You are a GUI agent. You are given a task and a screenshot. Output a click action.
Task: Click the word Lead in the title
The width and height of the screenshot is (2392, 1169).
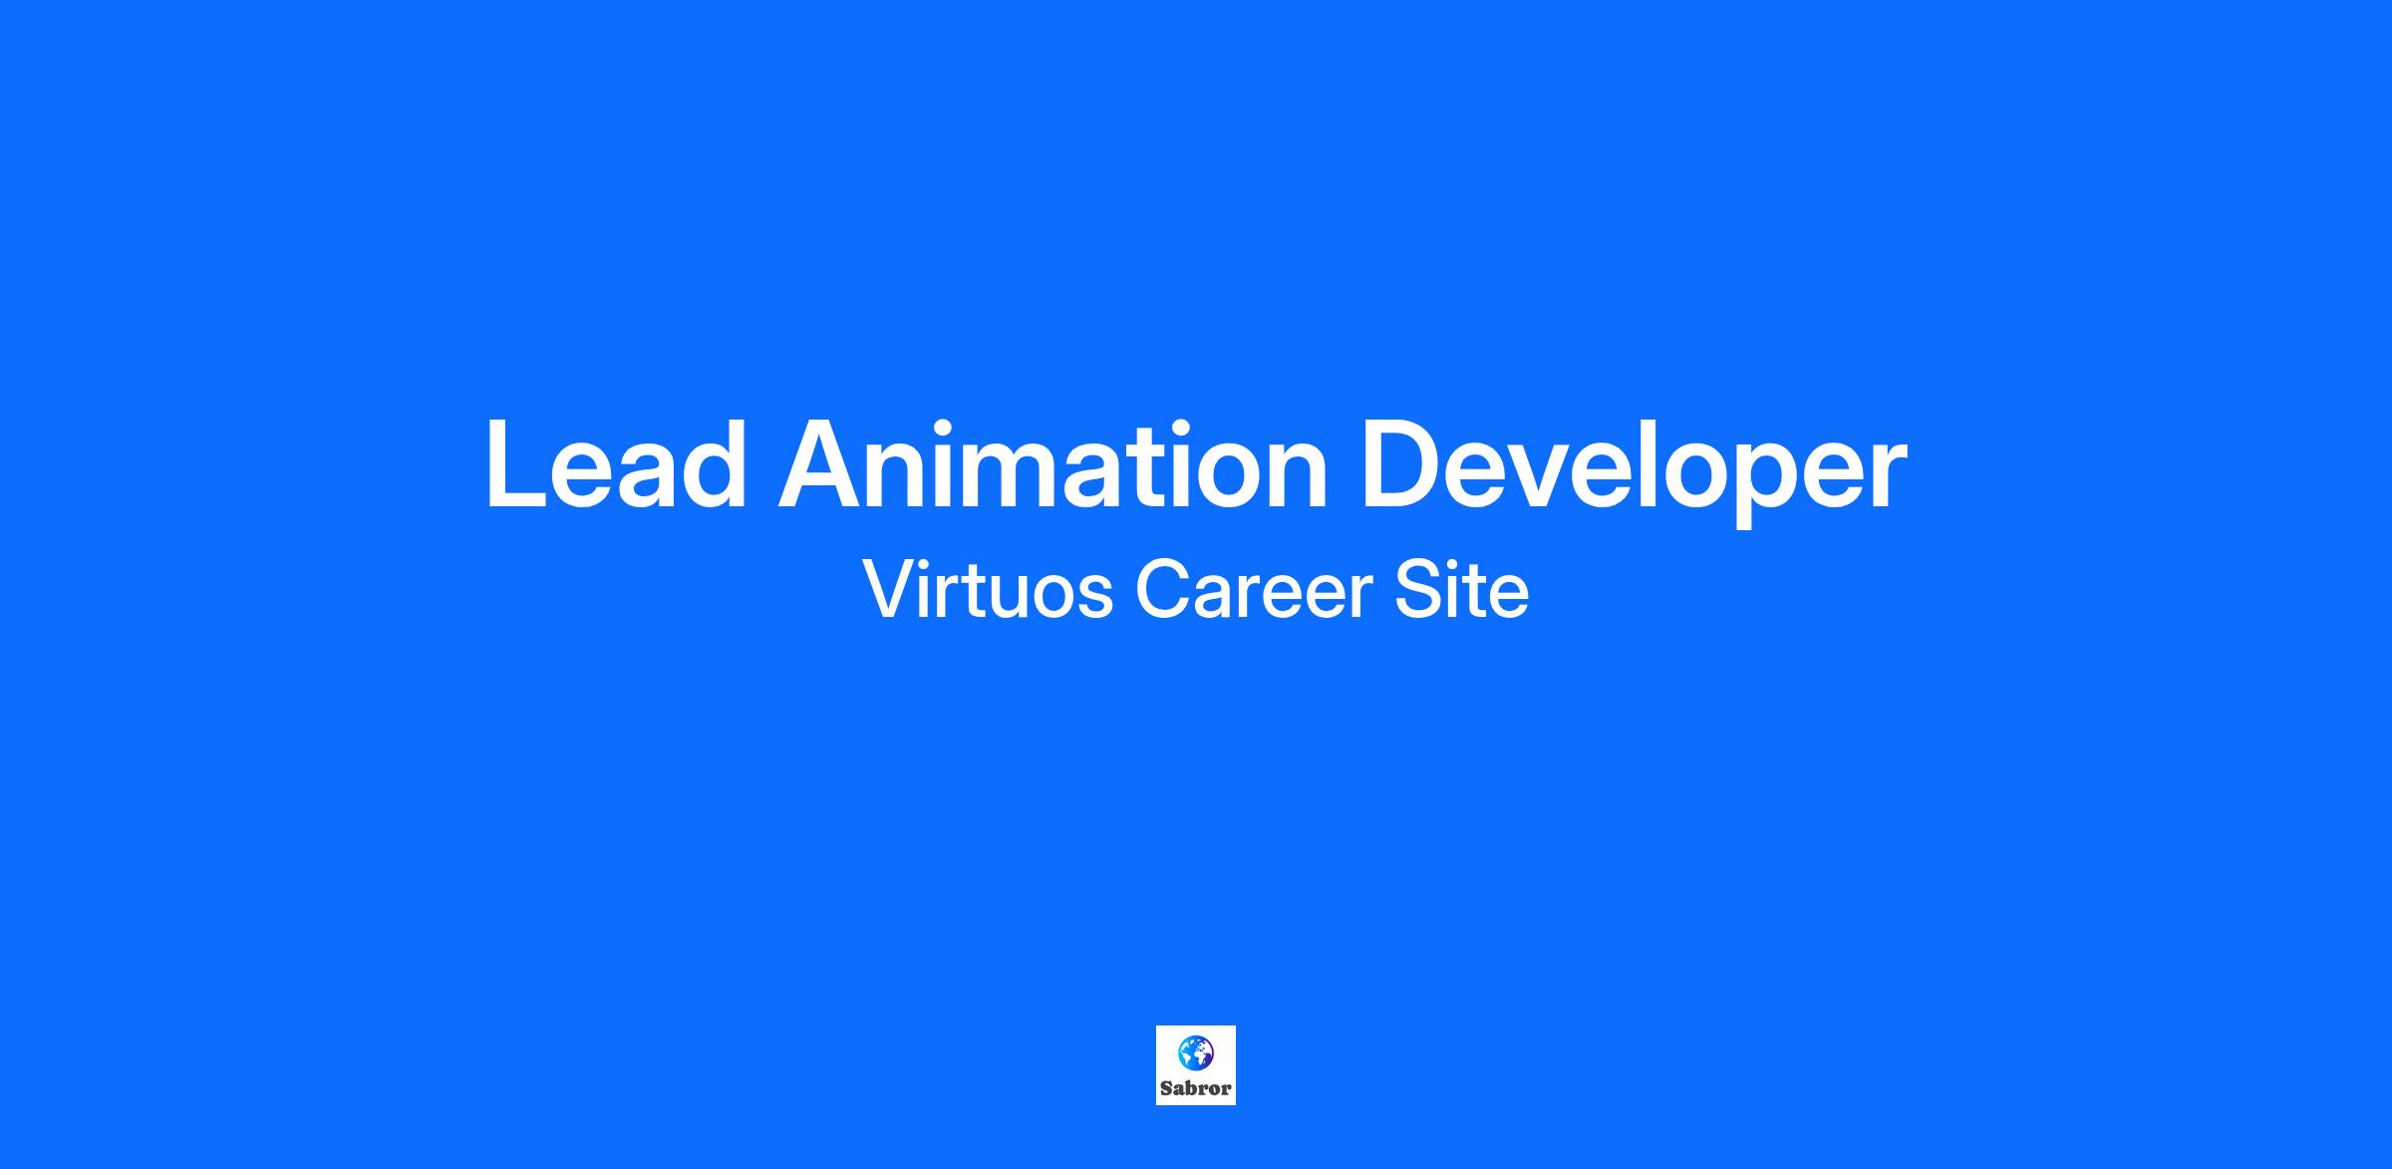click(x=616, y=464)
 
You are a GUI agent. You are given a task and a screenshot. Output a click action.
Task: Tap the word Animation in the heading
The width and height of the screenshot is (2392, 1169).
click(x=1053, y=464)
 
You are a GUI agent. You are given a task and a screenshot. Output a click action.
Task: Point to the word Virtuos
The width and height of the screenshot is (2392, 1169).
click(x=988, y=589)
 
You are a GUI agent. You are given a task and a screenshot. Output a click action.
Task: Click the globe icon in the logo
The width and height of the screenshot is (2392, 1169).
click(x=1195, y=1052)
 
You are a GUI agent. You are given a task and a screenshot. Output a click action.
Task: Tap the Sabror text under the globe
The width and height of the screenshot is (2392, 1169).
click(x=1196, y=1088)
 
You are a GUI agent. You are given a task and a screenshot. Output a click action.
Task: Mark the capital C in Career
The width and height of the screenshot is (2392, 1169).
click(x=1162, y=590)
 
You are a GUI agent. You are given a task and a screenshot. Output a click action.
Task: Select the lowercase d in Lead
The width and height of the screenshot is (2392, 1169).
click(x=716, y=464)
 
